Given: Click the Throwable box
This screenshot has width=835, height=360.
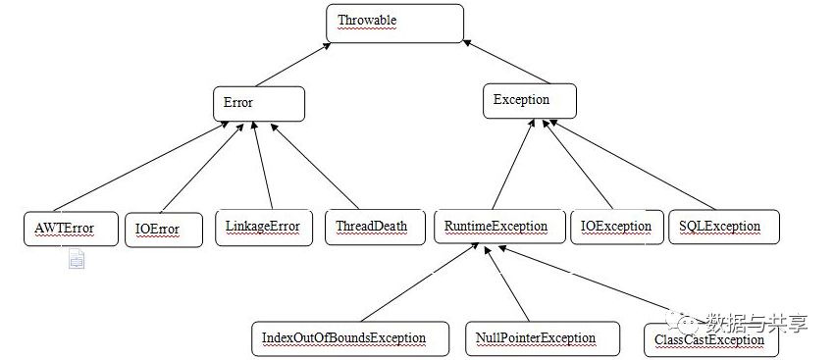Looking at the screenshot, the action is tap(394, 24).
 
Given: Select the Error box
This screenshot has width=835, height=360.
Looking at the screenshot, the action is tap(259, 104).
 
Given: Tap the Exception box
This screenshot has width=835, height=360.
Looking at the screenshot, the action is tap(529, 101).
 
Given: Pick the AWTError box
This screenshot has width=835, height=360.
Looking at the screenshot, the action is tap(71, 229).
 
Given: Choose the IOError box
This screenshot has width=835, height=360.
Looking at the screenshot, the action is tap(164, 231).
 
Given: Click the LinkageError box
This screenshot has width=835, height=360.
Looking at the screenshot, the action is tap(264, 228).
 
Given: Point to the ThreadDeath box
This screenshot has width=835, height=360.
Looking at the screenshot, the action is tap(375, 228).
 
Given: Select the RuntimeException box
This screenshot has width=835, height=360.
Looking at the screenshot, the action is tap(499, 227).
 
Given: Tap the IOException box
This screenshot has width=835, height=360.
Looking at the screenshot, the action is tap(616, 228).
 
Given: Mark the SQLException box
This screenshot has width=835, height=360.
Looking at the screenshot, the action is tap(724, 227).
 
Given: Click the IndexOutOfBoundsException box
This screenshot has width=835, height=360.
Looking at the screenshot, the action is tap(350, 338).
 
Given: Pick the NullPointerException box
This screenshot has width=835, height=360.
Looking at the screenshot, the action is tap(542, 338).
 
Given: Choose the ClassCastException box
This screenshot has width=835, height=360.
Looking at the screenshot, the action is tap(711, 340).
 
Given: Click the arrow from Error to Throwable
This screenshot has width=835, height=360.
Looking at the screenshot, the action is tap(293, 65).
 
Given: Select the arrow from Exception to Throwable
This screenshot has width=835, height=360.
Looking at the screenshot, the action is tap(506, 62).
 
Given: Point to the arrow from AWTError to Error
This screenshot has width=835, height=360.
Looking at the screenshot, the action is tap(141, 167).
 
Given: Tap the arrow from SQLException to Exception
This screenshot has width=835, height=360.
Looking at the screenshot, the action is tap(632, 165).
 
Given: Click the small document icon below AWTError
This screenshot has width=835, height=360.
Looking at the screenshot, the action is tap(77, 259).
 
